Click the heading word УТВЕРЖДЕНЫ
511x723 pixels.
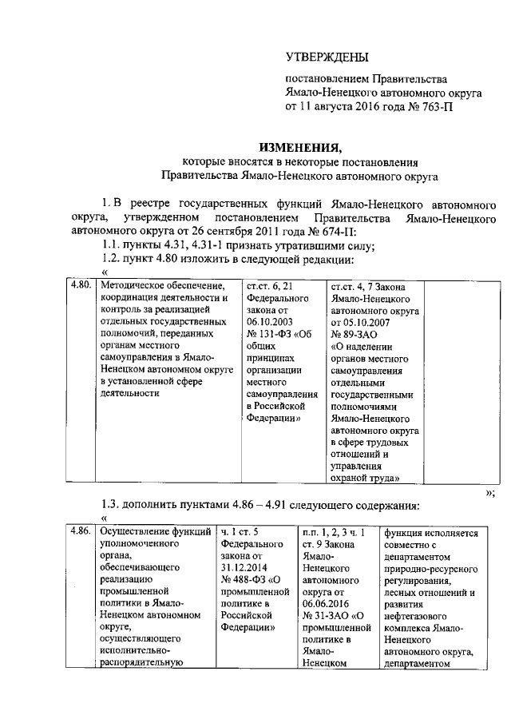pyautogui.click(x=328, y=58)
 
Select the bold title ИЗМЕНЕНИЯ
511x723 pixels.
pyautogui.click(x=299, y=147)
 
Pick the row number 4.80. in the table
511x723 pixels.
pyautogui.click(x=79, y=284)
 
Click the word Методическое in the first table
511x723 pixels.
pyautogui.click(x=133, y=284)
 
